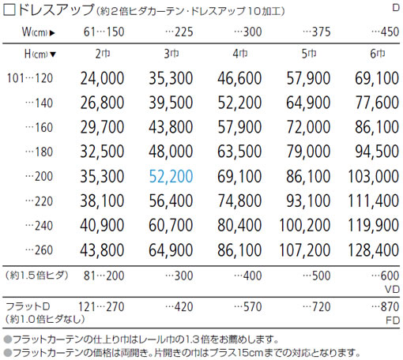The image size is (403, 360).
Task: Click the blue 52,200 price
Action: [x=171, y=177]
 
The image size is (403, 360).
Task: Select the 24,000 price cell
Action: [x=102, y=78]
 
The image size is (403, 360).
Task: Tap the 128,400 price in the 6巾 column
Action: [x=373, y=250]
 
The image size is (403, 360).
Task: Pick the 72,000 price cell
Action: [x=308, y=127]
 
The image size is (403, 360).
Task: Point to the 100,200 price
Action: [x=305, y=226]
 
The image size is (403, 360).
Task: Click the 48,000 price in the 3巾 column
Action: [x=171, y=152]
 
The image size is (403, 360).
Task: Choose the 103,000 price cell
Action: [x=373, y=177]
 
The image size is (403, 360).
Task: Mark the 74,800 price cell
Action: [x=239, y=201]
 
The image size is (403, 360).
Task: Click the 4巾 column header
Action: [x=240, y=54]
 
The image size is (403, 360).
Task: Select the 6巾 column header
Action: [x=378, y=54]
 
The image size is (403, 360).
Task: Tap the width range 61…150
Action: [x=104, y=32]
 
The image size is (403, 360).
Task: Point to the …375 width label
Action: [x=317, y=32]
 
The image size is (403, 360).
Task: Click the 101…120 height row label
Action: [x=30, y=78]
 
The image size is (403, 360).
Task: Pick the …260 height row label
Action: [x=39, y=250]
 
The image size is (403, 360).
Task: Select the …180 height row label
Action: [x=39, y=152]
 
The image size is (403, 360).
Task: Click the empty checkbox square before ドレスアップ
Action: [x=9, y=10]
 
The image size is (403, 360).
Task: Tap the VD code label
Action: [x=392, y=290]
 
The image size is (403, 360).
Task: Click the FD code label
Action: [x=393, y=321]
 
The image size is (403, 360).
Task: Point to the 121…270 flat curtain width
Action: [x=101, y=307]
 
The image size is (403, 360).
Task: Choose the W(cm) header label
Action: [x=39, y=32]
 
